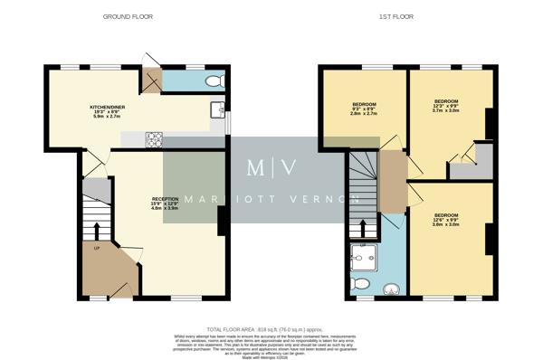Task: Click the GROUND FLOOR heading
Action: click(128, 16)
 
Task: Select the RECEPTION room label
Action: click(166, 204)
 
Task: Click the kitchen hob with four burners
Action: click(155, 139)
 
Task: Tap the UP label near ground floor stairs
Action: click(95, 247)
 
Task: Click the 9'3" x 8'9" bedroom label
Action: click(364, 109)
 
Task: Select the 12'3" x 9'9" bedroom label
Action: click(446, 106)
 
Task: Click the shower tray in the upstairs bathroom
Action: click(363, 260)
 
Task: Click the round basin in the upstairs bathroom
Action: click(391, 289)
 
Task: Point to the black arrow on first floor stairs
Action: click(364, 227)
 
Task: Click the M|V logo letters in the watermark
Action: click(272, 168)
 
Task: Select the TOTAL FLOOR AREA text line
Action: click(271, 329)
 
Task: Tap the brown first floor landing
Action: click(392, 181)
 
